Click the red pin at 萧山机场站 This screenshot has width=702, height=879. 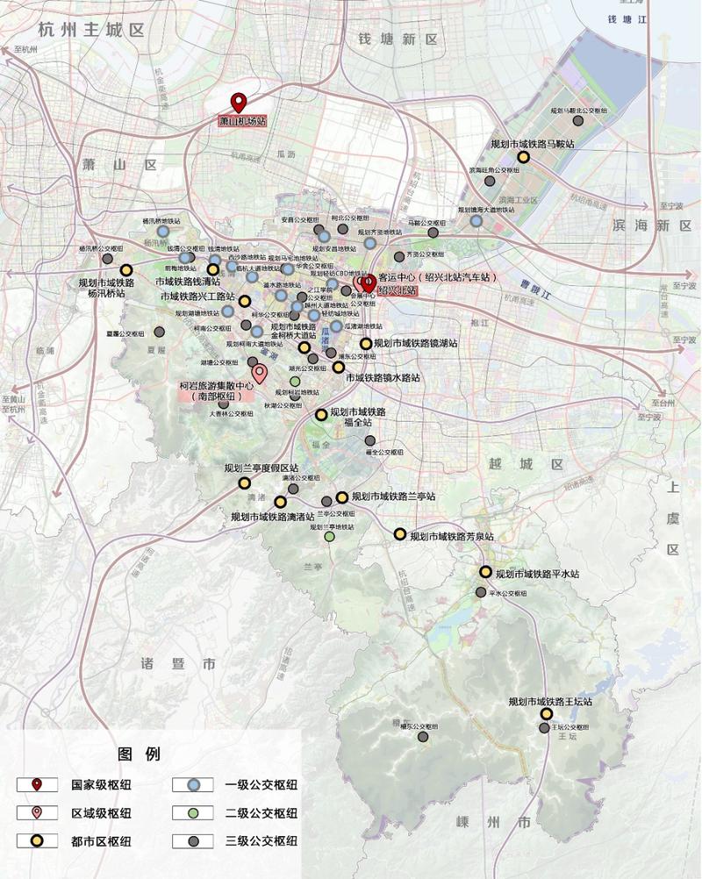(237, 102)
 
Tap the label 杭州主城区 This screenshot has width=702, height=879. (91, 29)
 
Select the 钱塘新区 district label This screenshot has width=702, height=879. (398, 39)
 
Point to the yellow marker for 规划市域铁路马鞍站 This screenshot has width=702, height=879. (523, 157)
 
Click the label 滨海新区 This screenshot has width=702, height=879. (651, 225)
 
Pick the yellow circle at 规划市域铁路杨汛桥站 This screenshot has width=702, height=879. (125, 270)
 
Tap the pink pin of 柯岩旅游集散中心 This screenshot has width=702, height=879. (259, 373)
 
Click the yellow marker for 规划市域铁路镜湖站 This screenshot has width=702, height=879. (366, 344)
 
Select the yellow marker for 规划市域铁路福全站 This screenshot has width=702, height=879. (321, 415)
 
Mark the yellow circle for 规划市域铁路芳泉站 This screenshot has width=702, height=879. (399, 533)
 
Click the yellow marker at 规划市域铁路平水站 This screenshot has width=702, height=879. (485, 572)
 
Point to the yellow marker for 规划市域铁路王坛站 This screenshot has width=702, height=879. (546, 714)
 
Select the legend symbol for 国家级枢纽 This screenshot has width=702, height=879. (37, 784)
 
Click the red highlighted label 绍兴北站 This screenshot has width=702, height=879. (396, 290)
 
